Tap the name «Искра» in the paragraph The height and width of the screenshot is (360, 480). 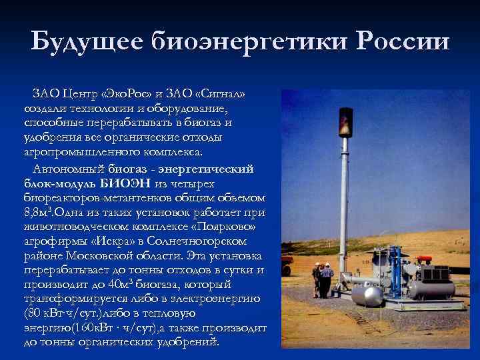[106, 241]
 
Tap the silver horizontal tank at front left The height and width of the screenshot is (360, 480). [367, 295]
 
